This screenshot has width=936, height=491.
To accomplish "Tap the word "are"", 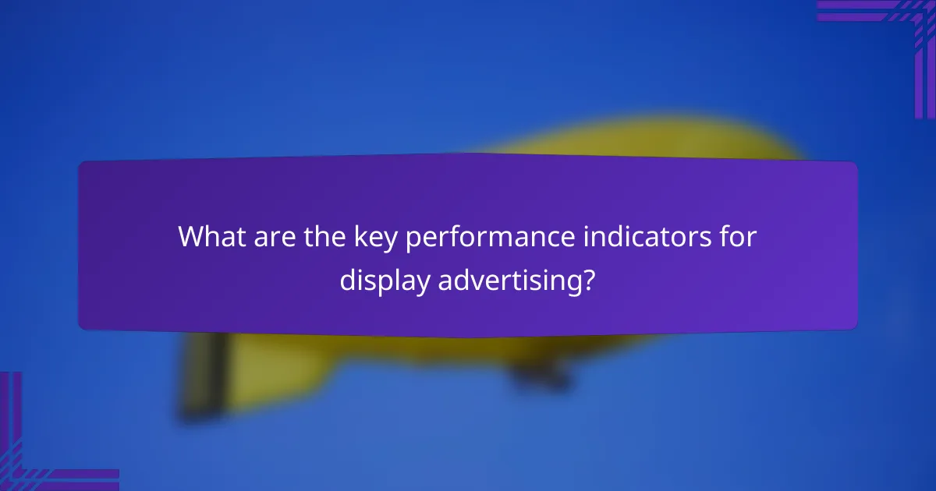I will point(268,237).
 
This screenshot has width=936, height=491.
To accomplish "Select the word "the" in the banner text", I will point(317,237).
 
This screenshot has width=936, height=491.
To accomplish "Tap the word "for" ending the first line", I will point(738,237).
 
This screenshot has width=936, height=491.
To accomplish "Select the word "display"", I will point(384,281).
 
